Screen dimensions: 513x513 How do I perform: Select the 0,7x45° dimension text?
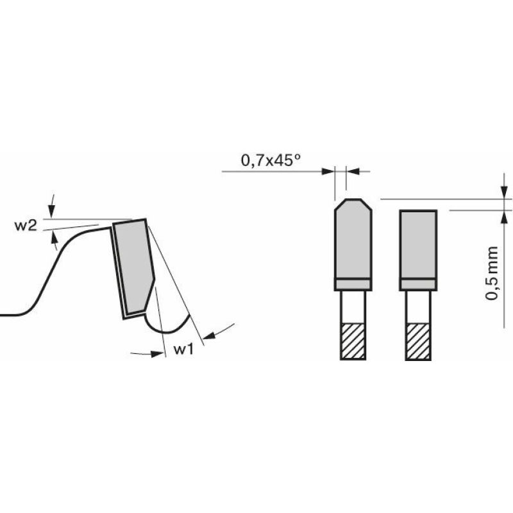271,161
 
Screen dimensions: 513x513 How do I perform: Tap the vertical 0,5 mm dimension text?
492,272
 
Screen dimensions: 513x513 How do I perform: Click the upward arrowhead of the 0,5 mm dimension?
501,215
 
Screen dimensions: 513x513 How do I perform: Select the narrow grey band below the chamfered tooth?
353,283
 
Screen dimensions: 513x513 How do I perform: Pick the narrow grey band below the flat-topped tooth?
418,283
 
